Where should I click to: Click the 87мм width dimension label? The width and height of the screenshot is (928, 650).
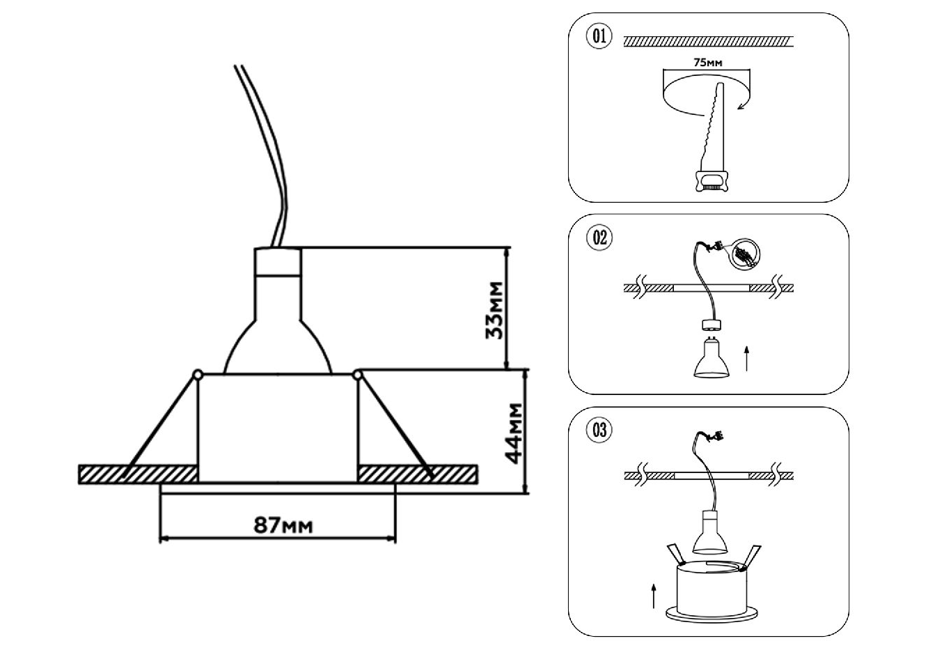283,525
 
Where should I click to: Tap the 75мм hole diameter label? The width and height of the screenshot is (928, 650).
708,63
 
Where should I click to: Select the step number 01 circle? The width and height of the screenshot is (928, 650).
599,37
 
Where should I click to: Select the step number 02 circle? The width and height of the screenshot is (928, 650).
599,238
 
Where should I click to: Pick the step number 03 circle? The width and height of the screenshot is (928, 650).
599,430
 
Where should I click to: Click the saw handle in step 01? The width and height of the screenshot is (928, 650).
710,181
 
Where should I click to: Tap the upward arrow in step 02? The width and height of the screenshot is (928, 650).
747,356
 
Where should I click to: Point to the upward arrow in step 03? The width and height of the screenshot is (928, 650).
654,596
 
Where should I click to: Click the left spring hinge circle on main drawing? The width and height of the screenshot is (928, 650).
198,376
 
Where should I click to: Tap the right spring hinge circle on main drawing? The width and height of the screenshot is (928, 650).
358,376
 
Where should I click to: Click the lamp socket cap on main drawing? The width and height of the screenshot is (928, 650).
278,261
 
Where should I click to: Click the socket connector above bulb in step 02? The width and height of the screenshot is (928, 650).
711,325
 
